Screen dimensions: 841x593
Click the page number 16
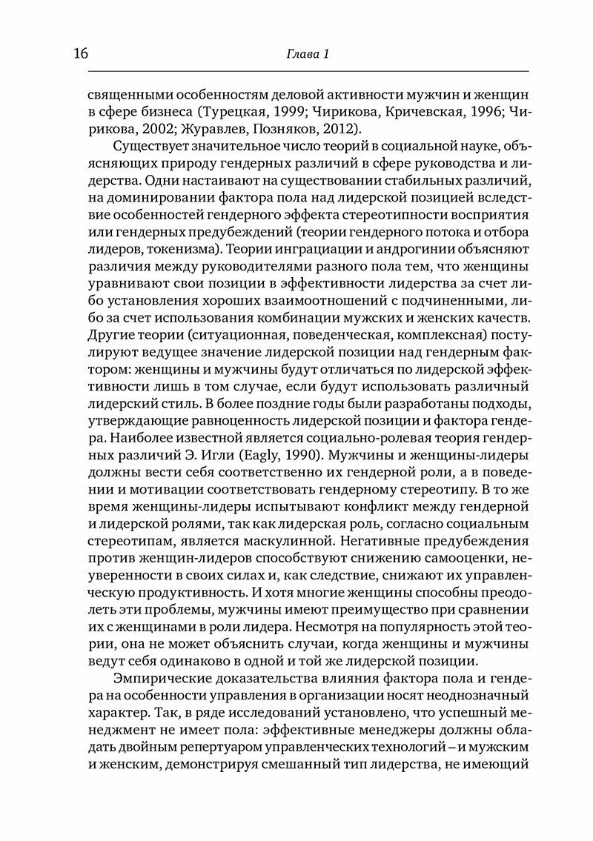[81, 54]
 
